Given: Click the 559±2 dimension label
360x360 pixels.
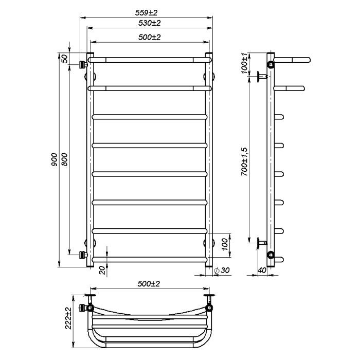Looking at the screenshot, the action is coord(146,13).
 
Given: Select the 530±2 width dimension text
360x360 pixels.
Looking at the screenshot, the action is coord(150,23).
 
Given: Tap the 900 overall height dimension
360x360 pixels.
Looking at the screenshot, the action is coord(55,159).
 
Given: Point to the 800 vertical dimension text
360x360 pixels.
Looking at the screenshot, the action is coord(65,159).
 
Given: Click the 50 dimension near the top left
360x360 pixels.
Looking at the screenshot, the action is coord(65,59).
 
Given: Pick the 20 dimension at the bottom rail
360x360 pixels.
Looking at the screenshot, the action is coord(103,270).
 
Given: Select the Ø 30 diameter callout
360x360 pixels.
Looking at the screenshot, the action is coord(222,270).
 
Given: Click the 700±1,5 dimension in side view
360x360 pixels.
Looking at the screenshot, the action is coord(244,161).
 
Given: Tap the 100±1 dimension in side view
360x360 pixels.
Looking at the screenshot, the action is coord(244,63).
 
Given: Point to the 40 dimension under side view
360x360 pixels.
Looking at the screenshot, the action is coord(262,270).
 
